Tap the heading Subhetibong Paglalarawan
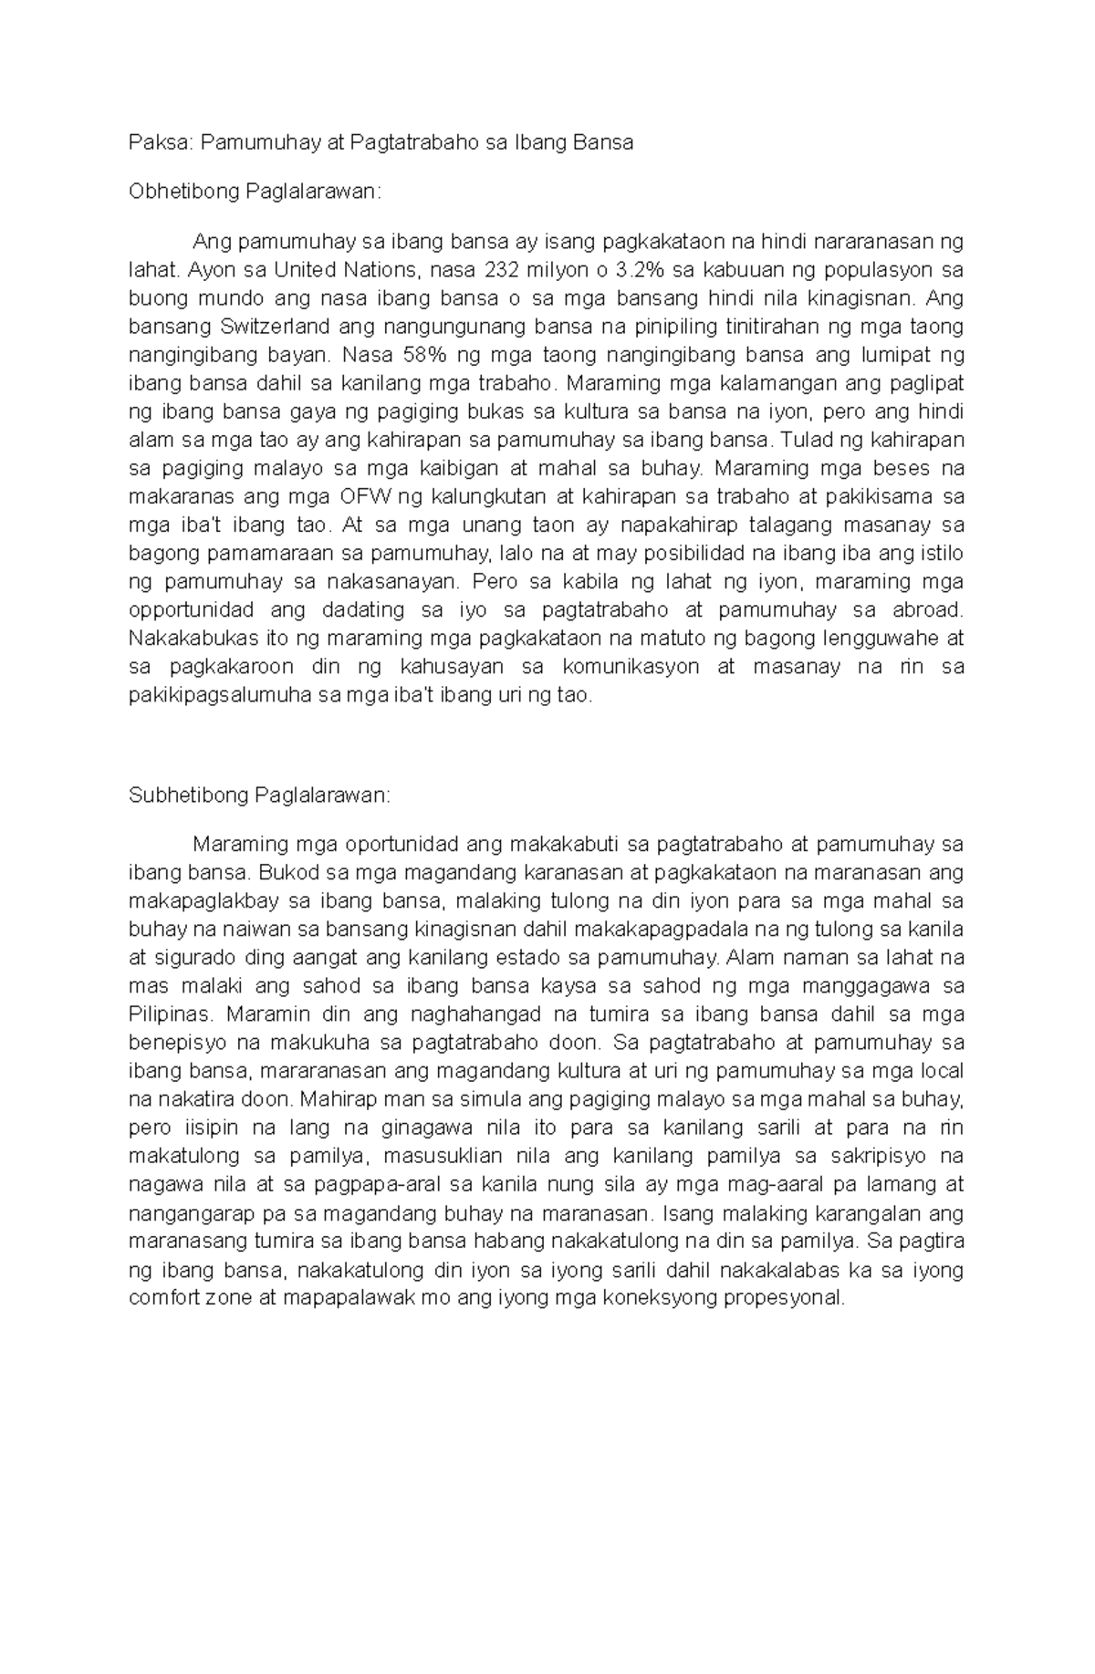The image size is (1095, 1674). click(x=258, y=795)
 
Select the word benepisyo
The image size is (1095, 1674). click(x=176, y=1043)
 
